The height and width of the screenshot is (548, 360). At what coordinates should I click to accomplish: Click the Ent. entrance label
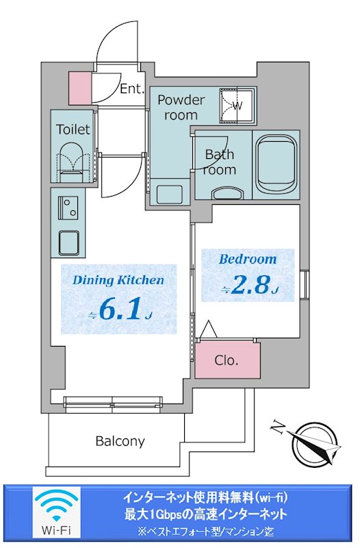[132, 89]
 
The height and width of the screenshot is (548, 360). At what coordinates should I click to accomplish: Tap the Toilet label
[73, 129]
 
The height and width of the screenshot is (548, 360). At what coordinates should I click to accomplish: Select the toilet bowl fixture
[73, 161]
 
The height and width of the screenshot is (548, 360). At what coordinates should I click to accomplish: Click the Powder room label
[181, 108]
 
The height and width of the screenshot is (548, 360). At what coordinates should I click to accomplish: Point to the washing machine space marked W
[237, 105]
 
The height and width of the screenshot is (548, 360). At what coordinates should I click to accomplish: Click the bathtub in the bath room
[276, 164]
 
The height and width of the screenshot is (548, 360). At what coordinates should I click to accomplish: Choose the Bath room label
[220, 162]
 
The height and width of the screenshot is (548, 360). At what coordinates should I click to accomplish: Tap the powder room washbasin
[169, 194]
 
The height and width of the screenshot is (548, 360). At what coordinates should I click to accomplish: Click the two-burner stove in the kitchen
[68, 208]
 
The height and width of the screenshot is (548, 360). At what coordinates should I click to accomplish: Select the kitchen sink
[68, 243]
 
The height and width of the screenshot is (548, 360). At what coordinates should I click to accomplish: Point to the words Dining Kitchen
[118, 280]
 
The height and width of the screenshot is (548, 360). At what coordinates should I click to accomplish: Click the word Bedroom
[248, 259]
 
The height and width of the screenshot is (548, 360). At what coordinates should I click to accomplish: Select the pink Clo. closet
[227, 360]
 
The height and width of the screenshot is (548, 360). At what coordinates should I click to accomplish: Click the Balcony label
[120, 441]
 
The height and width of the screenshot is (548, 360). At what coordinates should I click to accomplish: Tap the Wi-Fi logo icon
[57, 512]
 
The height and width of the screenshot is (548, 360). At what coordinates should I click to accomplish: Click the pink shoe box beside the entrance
[79, 88]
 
